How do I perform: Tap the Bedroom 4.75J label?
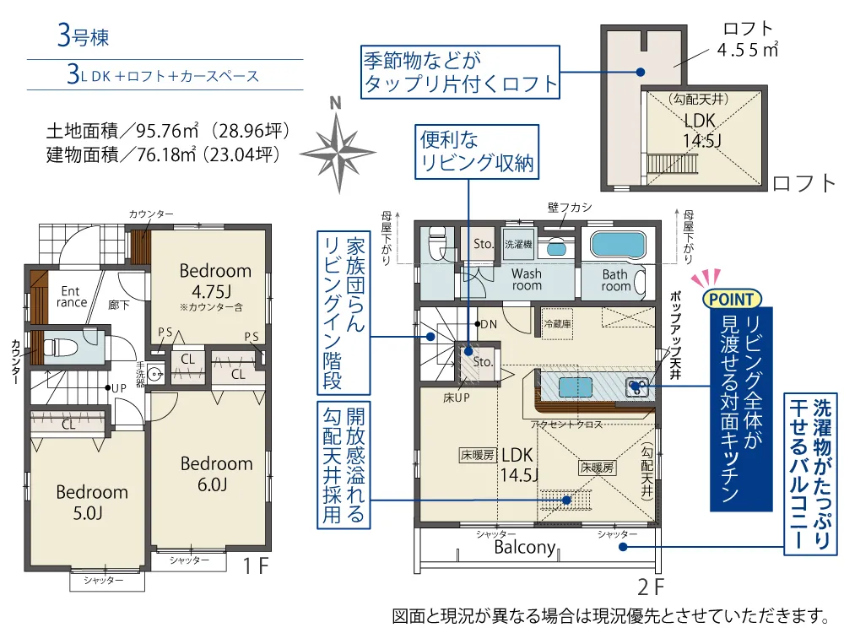(214, 280)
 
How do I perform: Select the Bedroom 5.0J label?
(91, 502)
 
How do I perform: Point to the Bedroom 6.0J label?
(216, 473)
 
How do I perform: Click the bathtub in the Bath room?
(618, 245)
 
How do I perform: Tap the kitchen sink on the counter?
(636, 387)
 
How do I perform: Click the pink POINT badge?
(732, 299)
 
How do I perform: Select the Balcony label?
(525, 547)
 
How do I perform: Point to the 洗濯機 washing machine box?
(518, 244)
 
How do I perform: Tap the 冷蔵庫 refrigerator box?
(557, 323)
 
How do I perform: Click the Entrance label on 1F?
(71, 296)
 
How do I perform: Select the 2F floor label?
(650, 587)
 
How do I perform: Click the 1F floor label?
(255, 565)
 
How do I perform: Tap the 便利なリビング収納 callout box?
(477, 152)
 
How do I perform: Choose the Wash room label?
(527, 279)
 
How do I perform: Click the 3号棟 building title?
(83, 36)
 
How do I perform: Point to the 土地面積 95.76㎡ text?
(168, 130)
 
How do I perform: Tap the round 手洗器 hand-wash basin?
(155, 372)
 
